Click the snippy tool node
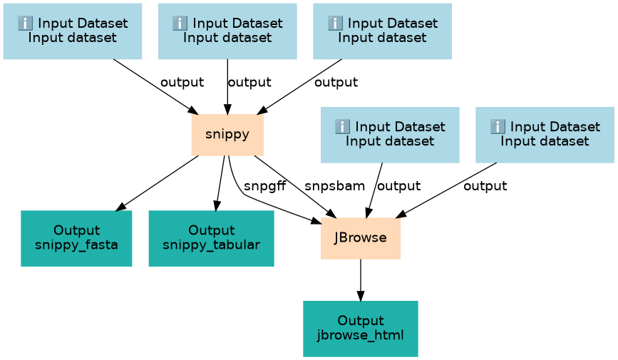[x=227, y=135]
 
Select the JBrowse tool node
[x=361, y=238]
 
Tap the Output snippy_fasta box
[x=76, y=238]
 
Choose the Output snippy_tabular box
[x=211, y=238]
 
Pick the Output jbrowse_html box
[x=361, y=329]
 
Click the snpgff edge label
[x=265, y=186]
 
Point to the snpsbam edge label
[x=334, y=186]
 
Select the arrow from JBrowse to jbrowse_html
[x=361, y=280]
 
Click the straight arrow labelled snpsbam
[x=296, y=187]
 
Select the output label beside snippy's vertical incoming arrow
[x=249, y=82]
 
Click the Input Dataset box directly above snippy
[x=227, y=31]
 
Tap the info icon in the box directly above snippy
[x=180, y=24]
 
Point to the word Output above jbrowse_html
[x=361, y=320]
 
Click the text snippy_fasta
[x=76, y=245]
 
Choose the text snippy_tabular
[x=211, y=245]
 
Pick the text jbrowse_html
[x=361, y=336]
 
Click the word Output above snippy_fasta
[x=76, y=230]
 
